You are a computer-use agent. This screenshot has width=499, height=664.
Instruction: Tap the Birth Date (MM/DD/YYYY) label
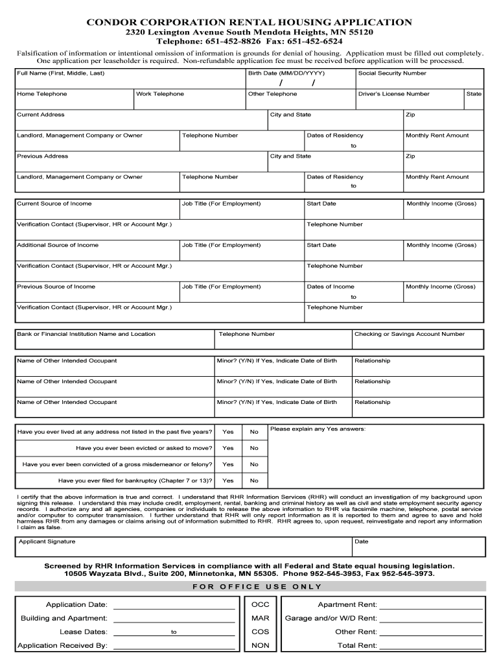(286, 73)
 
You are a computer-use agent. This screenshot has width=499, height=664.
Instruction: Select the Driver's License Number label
(394, 94)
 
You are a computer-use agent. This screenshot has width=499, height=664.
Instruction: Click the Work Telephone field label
(160, 94)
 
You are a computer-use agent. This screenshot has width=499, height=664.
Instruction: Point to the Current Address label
(41, 115)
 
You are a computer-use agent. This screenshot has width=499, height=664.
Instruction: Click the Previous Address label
(42, 156)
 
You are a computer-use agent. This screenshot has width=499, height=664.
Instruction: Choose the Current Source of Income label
(54, 204)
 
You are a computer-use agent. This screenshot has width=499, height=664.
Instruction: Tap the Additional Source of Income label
(58, 245)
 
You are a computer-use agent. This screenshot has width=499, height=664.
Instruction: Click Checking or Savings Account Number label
(410, 334)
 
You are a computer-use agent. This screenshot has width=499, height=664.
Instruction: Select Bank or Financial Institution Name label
(86, 334)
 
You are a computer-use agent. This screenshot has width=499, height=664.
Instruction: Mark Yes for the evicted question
(228, 448)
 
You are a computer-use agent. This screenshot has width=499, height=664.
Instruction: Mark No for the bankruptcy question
(254, 480)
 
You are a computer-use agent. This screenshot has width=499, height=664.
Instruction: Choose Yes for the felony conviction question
(228, 464)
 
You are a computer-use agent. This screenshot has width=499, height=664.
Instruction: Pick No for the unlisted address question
(254, 432)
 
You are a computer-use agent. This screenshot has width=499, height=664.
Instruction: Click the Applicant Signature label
(47, 541)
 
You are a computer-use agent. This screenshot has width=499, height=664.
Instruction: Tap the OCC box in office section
(261, 605)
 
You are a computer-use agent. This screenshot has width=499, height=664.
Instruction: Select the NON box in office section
(261, 645)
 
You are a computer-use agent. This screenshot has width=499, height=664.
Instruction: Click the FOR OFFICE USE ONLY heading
(257, 587)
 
